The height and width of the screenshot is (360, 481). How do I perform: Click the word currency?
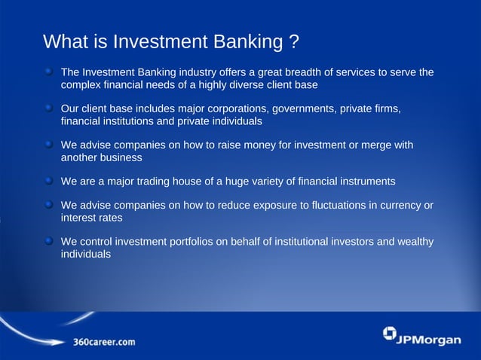(x=396, y=206)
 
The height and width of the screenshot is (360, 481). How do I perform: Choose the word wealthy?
(x=413, y=242)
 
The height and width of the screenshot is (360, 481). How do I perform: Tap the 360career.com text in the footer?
(x=104, y=342)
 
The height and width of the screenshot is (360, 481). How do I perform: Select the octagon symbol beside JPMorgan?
(x=389, y=334)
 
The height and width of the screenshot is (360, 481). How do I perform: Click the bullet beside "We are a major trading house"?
(x=48, y=182)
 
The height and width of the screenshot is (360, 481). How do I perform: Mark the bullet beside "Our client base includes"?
(x=48, y=109)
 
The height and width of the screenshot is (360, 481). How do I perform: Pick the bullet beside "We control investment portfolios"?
(x=48, y=242)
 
